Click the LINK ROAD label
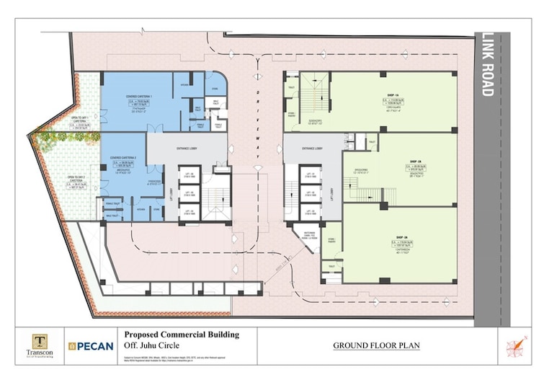coord(488,65)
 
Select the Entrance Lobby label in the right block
coord(311,148)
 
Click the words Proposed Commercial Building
coord(181,335)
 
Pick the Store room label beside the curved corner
coord(215,90)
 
